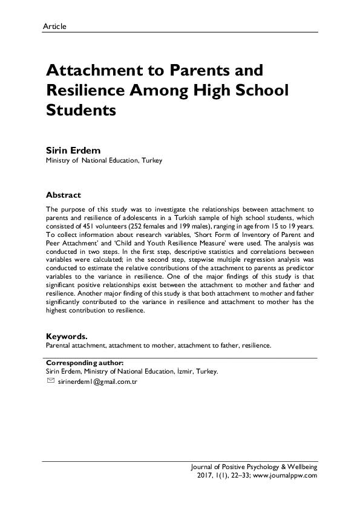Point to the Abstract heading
(x=64, y=195)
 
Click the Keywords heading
(x=67, y=336)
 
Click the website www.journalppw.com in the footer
(x=287, y=476)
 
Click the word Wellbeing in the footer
(x=301, y=467)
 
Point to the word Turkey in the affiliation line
(x=152, y=161)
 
